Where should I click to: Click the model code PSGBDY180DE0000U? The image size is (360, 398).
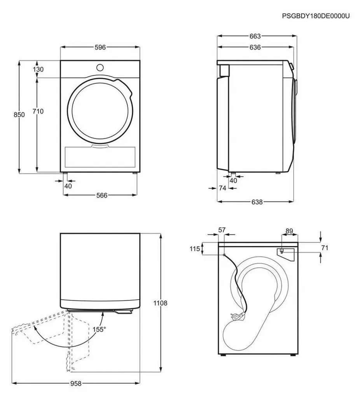(x=316, y=16)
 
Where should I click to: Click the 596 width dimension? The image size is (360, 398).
(x=100, y=47)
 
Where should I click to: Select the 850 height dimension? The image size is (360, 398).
(x=19, y=115)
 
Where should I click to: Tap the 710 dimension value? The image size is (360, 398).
(x=38, y=111)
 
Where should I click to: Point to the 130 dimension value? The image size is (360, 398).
(x=38, y=69)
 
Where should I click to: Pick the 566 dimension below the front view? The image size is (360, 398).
(x=102, y=195)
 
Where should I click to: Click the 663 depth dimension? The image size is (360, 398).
(x=255, y=36)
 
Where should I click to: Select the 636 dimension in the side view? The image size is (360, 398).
(x=255, y=47)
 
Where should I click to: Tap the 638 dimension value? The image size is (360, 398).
(x=257, y=202)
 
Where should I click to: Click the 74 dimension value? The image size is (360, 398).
(x=222, y=188)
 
